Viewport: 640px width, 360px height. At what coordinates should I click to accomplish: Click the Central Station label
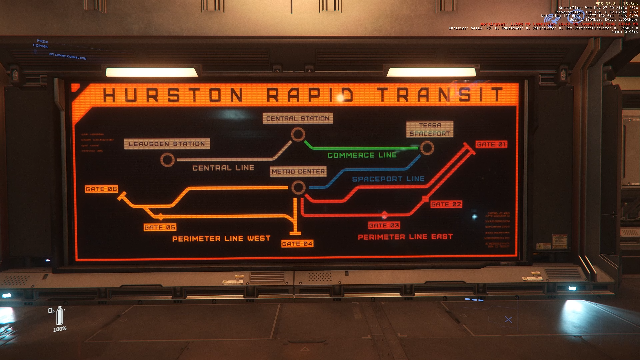(x=298, y=118)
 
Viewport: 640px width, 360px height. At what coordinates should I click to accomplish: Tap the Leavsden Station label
(x=167, y=144)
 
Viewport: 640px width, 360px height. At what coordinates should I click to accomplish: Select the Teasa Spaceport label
(x=430, y=129)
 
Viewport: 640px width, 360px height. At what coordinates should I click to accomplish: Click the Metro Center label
(x=298, y=172)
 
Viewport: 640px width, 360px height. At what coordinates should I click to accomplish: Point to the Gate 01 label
(x=491, y=144)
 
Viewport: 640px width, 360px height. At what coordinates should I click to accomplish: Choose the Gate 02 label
(x=446, y=204)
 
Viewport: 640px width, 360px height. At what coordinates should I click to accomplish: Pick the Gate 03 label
(x=384, y=226)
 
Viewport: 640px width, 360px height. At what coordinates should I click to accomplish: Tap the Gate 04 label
(x=297, y=244)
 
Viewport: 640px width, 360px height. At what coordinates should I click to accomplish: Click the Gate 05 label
(x=160, y=227)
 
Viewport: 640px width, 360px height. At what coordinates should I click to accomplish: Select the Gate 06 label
(x=101, y=189)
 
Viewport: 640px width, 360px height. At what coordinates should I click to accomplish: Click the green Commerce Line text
(x=362, y=155)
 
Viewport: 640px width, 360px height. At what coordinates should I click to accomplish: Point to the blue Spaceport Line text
(x=388, y=179)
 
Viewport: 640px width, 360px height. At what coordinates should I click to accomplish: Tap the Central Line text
(x=223, y=168)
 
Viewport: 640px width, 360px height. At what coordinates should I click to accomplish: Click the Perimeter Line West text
(x=221, y=239)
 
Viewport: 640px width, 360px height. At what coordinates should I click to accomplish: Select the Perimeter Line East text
(x=405, y=237)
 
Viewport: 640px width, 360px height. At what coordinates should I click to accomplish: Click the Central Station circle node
(x=298, y=135)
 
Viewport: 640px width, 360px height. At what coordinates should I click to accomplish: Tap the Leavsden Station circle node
(x=167, y=160)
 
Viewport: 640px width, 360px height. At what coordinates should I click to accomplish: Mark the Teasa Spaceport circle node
(x=427, y=148)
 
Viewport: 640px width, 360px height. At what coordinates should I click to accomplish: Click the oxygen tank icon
(x=60, y=316)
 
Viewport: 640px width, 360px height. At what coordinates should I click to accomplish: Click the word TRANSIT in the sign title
(x=440, y=95)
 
